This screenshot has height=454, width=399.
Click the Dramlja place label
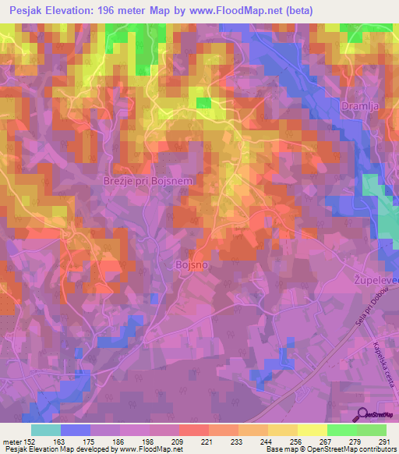(361, 105)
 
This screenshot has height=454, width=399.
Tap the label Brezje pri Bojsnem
(148, 181)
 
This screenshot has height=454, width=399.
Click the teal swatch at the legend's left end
(46, 430)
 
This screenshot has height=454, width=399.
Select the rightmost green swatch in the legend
(371, 430)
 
